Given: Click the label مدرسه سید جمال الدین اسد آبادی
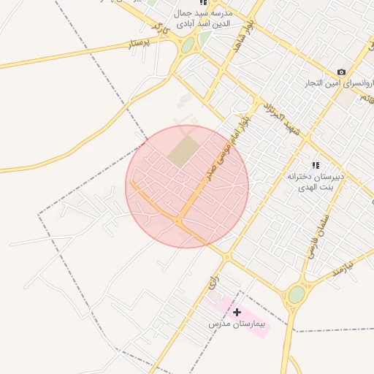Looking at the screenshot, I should click(203, 18).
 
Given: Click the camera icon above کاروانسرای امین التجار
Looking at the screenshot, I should click(341, 72).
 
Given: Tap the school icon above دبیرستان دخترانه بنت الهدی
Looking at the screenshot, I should click(316, 166).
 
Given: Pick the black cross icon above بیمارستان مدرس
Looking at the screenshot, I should click(237, 312).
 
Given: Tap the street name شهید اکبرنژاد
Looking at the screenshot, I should click(282, 118).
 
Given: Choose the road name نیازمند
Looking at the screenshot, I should click(340, 267).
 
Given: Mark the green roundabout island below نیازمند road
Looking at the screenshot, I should click(296, 294).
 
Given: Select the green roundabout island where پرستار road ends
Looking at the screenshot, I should click(188, 45).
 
